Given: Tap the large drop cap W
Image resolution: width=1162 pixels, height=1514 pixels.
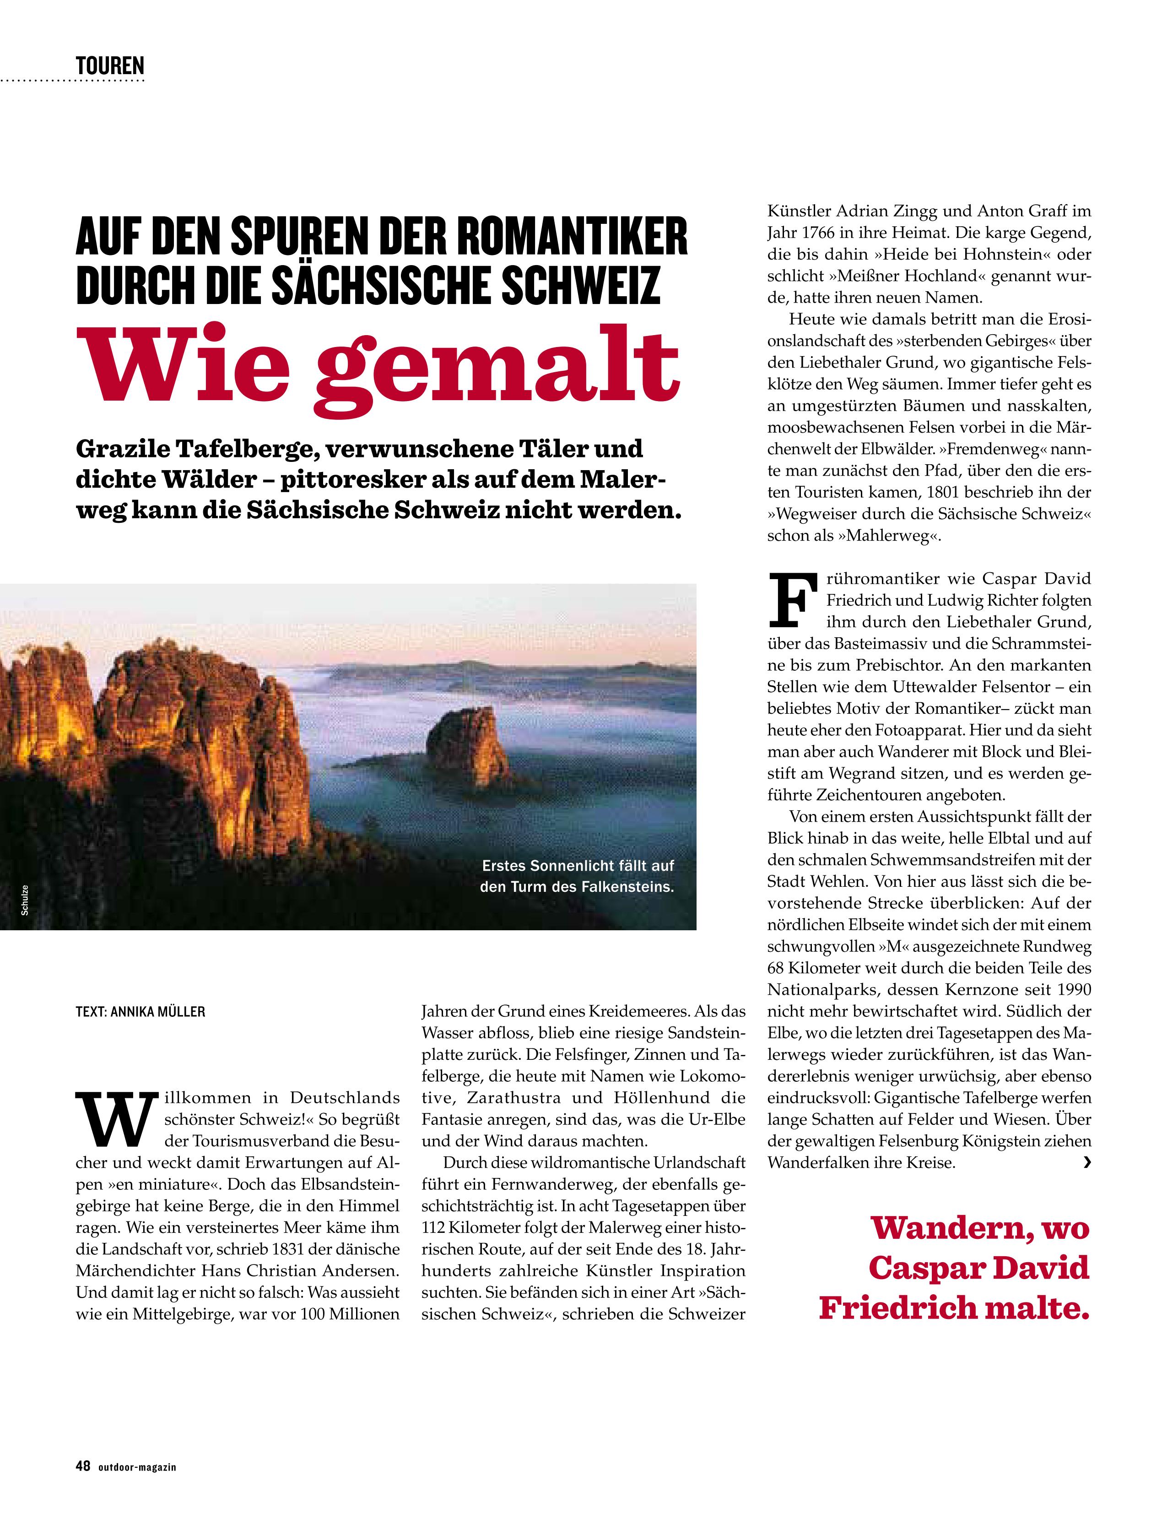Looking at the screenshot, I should [115, 1118].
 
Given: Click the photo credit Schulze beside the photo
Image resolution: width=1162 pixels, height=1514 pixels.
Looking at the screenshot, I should [24, 900].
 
